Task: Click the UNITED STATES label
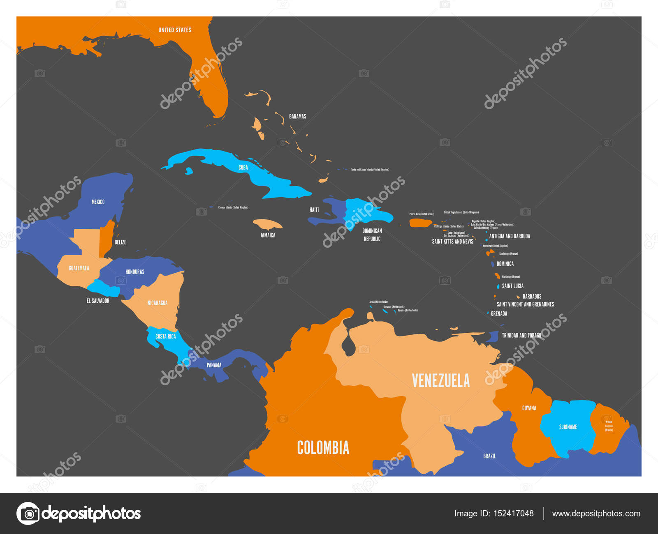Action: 175,30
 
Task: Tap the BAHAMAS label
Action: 297,117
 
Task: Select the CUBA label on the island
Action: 243,168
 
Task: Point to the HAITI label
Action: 314,210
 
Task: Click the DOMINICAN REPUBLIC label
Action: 372,235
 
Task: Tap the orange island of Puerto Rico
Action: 420,223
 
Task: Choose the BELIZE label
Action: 120,242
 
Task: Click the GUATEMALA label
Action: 79,268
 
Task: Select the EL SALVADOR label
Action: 98,301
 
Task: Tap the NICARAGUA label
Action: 158,303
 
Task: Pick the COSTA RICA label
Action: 165,336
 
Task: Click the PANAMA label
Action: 214,365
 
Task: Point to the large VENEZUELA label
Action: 440,381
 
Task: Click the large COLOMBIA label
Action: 323,448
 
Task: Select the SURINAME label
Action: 568,427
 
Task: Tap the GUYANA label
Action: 529,408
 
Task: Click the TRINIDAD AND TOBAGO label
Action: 521,336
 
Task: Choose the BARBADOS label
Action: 532,297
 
